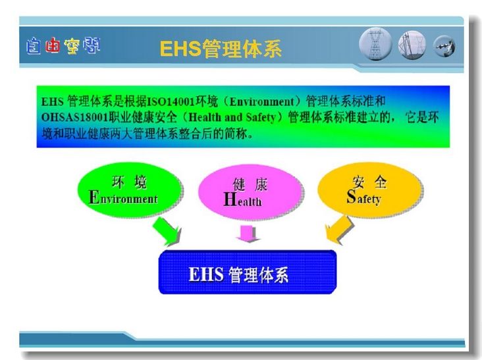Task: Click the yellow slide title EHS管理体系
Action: pos(221,49)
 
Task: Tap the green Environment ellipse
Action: pos(129,190)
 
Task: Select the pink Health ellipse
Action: pos(249,192)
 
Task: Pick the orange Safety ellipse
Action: pos(369,190)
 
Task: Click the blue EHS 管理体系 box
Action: pos(248,272)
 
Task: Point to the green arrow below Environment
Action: pos(166,230)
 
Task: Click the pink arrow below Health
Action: pos(248,234)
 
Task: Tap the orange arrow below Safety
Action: pos(339,230)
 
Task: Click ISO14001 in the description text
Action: pos(171,101)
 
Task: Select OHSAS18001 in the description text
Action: pos(75,117)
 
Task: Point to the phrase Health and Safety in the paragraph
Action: pos(232,117)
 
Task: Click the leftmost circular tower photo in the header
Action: pos(375,44)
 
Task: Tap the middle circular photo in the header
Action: pos(412,45)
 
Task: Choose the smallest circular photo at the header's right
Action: pos(444,46)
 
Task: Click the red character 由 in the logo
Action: pos(53,46)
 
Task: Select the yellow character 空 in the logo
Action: pos(72,46)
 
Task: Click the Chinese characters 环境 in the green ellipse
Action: pos(130,182)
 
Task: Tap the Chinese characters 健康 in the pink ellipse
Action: pos(250,184)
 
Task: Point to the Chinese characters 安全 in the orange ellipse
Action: pos(369,182)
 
